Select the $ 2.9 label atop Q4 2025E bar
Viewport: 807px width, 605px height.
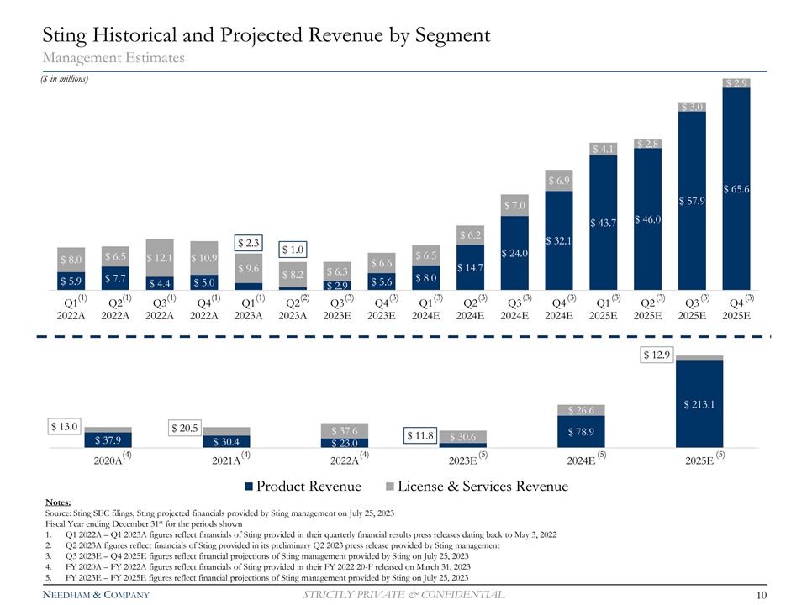coord(735,82)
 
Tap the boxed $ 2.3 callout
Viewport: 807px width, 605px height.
coord(250,244)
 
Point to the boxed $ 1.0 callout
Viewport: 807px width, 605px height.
coord(293,250)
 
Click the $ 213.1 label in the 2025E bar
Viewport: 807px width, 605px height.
coord(699,403)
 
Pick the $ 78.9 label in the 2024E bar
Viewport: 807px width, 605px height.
coord(580,432)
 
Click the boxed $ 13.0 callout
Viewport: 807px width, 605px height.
coord(64,425)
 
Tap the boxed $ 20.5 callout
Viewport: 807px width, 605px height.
coord(184,429)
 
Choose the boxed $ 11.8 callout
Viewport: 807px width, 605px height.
coord(419,435)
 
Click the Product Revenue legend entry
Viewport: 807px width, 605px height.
coord(303,486)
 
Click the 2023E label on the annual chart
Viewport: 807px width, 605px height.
coord(462,460)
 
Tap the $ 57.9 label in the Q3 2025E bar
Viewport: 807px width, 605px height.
coord(691,201)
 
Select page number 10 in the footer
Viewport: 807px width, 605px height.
coord(760,596)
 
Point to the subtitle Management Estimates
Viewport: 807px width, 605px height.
coord(113,57)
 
